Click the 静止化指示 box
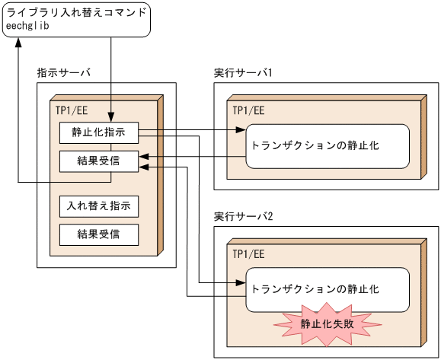(x=99, y=132)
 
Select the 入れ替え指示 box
(x=99, y=205)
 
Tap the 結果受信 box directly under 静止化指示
(x=99, y=161)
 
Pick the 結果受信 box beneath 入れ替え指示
(x=99, y=233)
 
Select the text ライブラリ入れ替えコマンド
(x=76, y=11)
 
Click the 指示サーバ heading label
(x=64, y=72)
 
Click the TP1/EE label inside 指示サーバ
(x=71, y=110)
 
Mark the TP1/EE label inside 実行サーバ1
(x=249, y=110)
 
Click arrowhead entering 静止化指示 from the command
(x=112, y=118)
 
